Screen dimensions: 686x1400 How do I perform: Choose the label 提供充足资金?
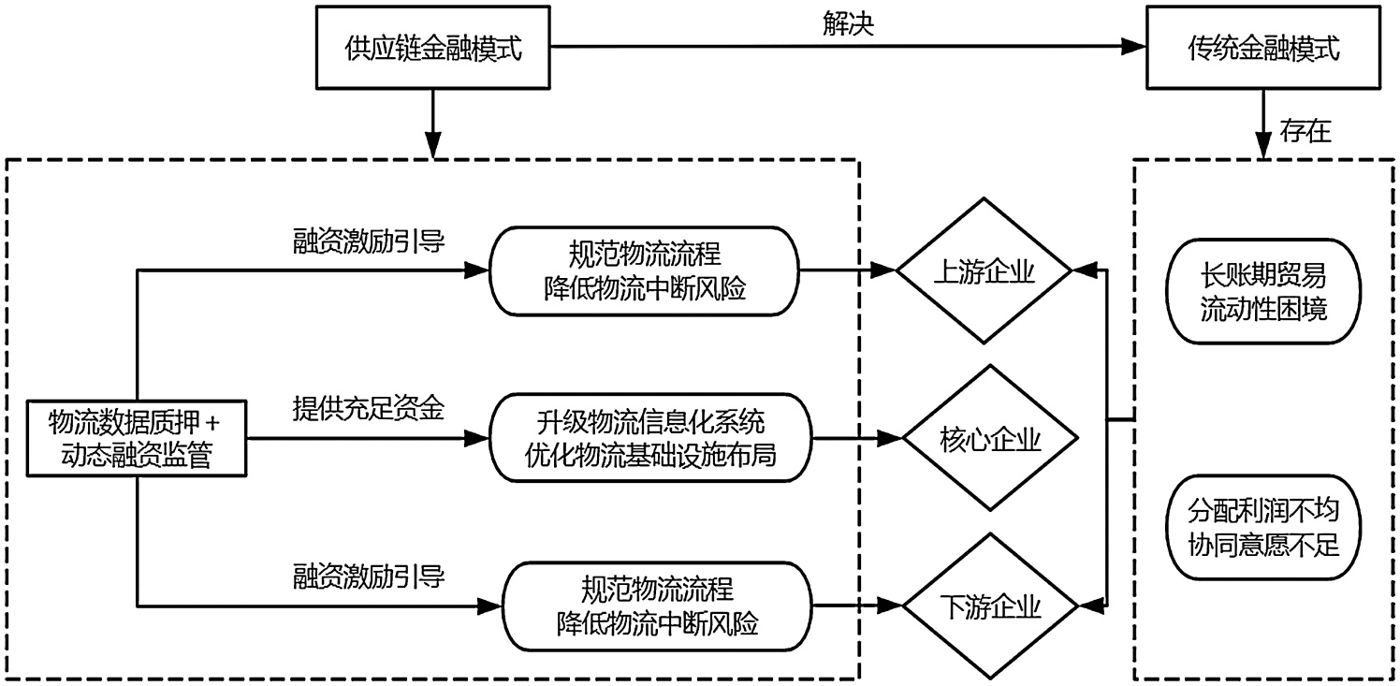(368, 408)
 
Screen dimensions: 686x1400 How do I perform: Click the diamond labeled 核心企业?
(986, 438)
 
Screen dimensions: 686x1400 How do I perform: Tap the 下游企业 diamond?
(986, 606)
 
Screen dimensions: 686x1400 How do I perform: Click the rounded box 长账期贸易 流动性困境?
(1263, 292)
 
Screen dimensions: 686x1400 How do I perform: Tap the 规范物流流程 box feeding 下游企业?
(658, 606)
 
